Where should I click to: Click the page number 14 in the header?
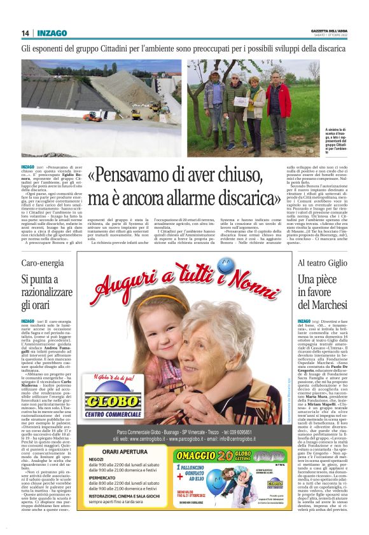coord(25,33)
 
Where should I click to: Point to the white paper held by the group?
coord(240,101)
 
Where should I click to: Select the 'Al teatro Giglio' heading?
coord(322,262)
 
